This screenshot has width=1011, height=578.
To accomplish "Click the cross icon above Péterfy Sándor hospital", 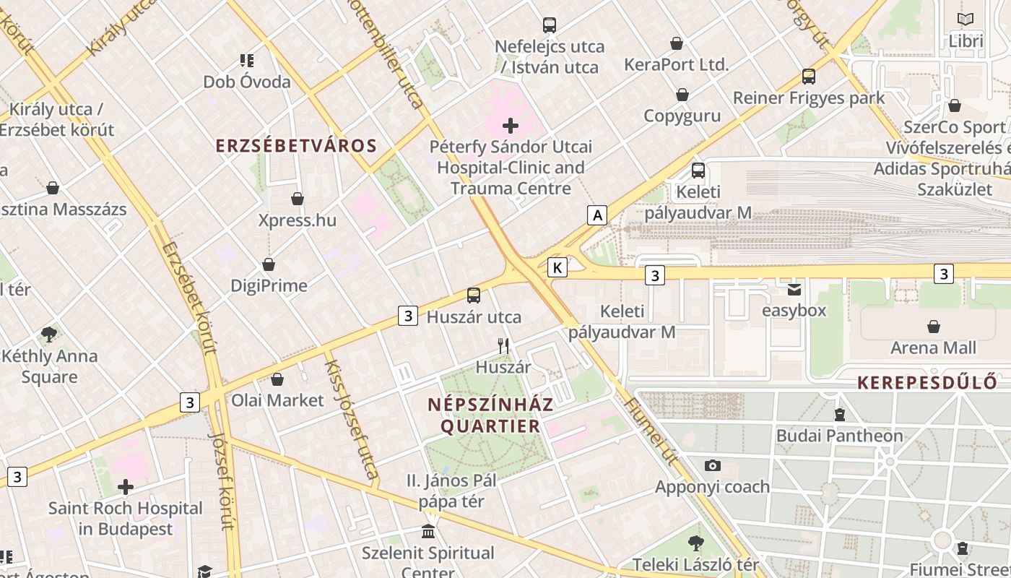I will point(511,126).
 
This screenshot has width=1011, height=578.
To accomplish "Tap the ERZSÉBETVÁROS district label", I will point(296,145).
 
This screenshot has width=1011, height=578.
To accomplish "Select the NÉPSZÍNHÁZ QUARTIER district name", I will point(490,415).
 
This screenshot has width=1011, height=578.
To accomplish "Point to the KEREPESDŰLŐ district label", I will point(927,383).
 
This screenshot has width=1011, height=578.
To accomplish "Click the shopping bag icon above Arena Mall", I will point(934,327).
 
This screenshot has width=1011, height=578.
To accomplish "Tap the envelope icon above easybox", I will point(794,290).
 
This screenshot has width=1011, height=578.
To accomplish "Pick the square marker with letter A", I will point(596,215).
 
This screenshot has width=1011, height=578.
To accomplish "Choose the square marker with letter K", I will point(557,268).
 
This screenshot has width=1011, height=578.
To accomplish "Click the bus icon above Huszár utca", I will point(474,295).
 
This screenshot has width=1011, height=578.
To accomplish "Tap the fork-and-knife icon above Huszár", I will point(503,346).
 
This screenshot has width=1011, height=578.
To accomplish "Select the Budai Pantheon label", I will point(839,436).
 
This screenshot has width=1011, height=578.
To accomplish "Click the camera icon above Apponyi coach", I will point(713,465).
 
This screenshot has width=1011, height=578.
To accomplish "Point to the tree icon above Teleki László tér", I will point(695,543).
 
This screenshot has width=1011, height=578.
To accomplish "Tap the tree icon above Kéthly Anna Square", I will point(49,334).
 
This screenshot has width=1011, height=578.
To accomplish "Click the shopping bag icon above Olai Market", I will point(277,379).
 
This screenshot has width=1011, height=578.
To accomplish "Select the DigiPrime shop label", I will point(269,285).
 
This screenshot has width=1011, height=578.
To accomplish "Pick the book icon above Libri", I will point(966,20).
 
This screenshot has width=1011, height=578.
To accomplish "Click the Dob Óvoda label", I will point(247,82).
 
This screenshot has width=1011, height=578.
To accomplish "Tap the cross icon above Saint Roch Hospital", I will point(126,487).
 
